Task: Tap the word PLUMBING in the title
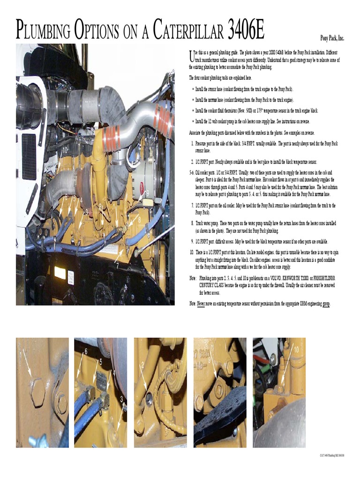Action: [43, 31]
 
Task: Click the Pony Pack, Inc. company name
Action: [332, 38]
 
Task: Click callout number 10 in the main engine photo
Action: [65, 150]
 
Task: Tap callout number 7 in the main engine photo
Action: [117, 266]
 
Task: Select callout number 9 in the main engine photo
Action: [147, 192]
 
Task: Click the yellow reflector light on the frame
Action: [60, 272]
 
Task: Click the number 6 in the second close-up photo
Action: [86, 351]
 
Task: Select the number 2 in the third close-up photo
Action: [142, 364]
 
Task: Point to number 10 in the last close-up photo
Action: [296, 349]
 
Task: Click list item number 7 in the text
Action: [192, 205]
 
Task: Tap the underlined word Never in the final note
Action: [201, 304]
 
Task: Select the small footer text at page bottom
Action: [332, 455]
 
